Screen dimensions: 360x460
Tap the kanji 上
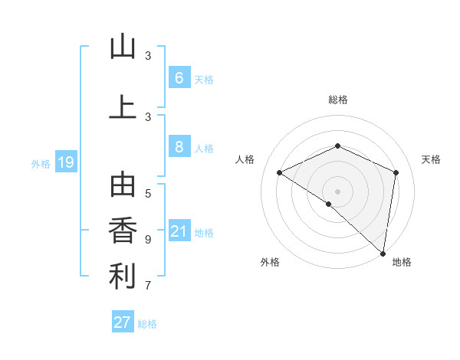(x=123, y=106)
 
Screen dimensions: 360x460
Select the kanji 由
(x=123, y=186)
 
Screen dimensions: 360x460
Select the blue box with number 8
(x=179, y=147)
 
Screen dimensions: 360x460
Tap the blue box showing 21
(x=179, y=231)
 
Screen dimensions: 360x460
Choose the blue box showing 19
(x=65, y=162)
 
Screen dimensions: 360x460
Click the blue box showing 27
(x=122, y=322)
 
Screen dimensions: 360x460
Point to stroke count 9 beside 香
(x=148, y=240)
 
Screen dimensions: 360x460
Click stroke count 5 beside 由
(x=148, y=193)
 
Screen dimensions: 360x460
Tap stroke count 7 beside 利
(x=148, y=286)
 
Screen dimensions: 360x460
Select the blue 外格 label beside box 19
(x=41, y=163)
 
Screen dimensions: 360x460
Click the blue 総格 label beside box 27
(x=147, y=324)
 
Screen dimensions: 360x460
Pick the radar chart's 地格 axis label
(x=402, y=262)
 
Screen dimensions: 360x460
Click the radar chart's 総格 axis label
(x=337, y=100)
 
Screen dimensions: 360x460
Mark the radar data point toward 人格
(x=280, y=173)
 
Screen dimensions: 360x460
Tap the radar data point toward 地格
(x=383, y=252)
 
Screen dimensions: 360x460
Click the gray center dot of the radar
(x=337, y=191)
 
